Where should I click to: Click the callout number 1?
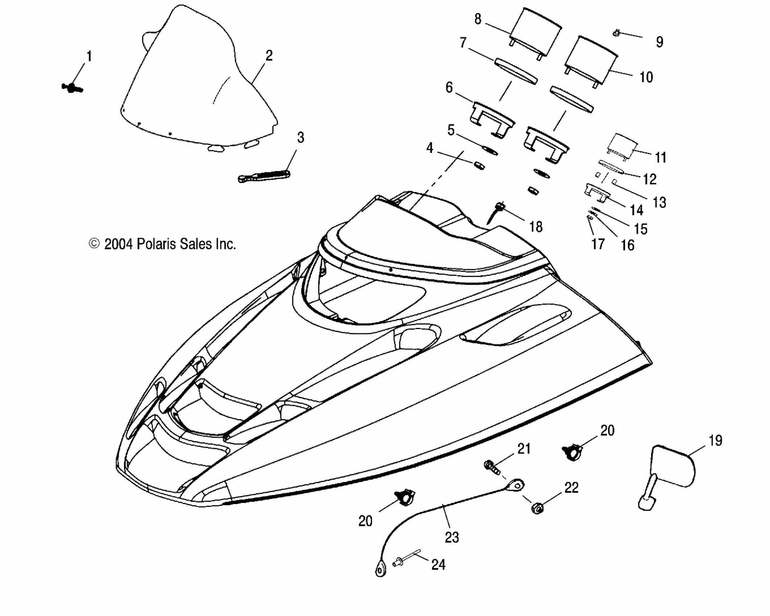89,57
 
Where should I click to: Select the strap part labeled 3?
264,176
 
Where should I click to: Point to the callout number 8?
478,19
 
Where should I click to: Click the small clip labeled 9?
616,34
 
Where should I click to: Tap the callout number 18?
536,227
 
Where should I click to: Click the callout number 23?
452,537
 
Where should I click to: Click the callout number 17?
598,244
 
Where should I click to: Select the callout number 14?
636,210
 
